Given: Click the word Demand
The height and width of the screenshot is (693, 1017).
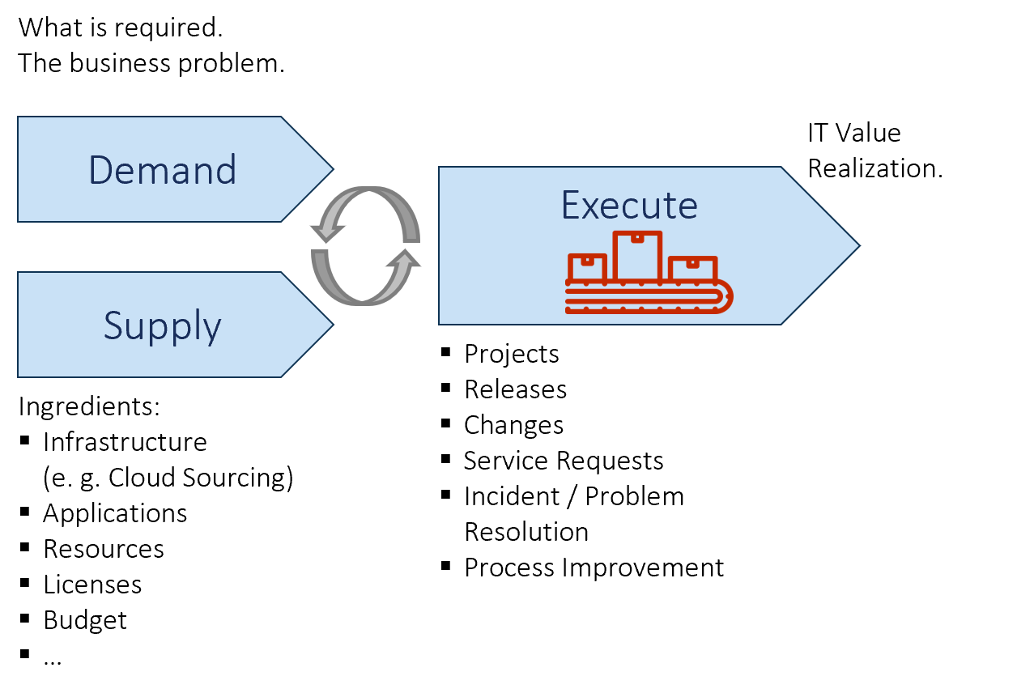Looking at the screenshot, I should point(162,170).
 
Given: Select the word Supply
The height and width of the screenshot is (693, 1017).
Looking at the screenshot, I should point(162,325).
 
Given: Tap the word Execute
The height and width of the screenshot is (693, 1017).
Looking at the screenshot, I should point(629,206).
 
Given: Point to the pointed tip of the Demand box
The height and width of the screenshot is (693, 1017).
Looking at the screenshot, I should point(332,169).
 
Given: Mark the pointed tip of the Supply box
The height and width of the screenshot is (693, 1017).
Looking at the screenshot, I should point(332,325).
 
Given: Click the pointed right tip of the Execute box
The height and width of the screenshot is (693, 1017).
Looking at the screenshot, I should point(857,245).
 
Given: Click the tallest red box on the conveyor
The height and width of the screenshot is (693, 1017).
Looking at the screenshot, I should point(637,257).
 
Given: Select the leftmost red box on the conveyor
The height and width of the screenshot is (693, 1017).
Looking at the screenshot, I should point(587,268).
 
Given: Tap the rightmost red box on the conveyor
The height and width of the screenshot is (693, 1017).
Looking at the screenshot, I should point(693,270).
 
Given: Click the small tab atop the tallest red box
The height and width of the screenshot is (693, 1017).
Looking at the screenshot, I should point(637,237).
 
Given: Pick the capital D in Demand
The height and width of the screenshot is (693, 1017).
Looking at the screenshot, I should point(100,170).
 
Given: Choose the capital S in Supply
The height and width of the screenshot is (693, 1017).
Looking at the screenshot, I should point(113,325).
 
